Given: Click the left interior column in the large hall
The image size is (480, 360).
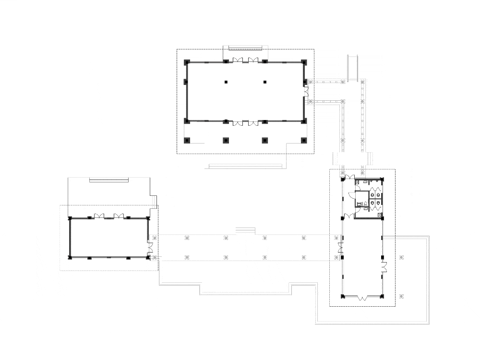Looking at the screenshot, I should coord(226,82).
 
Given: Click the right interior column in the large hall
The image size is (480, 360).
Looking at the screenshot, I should coord(264,82).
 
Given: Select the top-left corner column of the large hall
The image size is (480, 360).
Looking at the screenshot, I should coord(187,62).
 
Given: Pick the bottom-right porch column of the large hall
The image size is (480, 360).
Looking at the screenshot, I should coord(303,141).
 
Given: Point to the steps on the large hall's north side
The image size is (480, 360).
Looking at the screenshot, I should coord(245,48).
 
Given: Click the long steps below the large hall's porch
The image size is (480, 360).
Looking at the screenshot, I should coord(245,167).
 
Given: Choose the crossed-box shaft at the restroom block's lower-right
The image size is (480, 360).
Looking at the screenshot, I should coord(380,216).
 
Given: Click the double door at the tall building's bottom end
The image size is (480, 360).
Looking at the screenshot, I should coord(362,298).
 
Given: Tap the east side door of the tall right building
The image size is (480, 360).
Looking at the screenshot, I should coord(384,267).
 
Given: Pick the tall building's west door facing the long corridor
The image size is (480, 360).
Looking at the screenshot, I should coord(340,249).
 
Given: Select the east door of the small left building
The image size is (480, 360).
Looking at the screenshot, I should coord(150,248).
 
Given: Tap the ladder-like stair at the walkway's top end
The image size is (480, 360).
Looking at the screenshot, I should coord(353,68).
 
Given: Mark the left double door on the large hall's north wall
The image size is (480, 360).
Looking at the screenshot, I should coord(239,60).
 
